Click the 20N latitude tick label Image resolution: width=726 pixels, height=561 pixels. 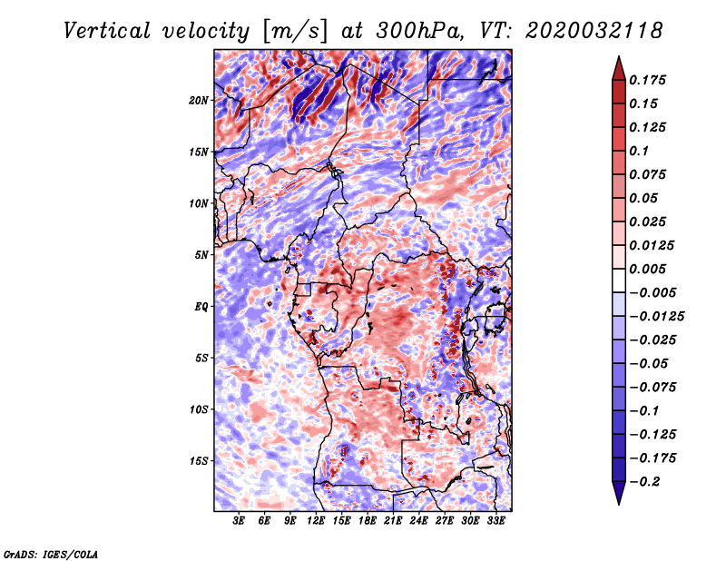[199, 100]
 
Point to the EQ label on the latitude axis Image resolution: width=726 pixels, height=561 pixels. [201, 307]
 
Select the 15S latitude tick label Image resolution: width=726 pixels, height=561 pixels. [199, 461]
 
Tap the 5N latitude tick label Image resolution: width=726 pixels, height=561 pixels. [201, 255]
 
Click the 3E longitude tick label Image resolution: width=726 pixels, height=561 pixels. [239, 521]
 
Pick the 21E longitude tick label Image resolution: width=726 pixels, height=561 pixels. [393, 521]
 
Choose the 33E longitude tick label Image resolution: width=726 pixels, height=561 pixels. [495, 521]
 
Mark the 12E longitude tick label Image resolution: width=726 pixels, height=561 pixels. [316, 521]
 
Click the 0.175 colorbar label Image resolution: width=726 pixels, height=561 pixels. [647, 80]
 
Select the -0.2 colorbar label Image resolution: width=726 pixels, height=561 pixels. [644, 482]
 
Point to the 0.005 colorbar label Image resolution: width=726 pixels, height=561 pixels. [647, 269]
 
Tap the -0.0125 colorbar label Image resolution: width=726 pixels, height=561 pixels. [656, 317]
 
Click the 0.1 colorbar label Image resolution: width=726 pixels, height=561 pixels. [639, 151]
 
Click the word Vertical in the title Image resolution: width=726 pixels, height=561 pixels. [107, 31]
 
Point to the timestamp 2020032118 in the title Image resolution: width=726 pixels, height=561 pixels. [594, 31]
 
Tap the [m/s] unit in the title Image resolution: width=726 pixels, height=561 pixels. [295, 32]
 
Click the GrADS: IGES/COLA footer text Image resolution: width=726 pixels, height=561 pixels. [51, 555]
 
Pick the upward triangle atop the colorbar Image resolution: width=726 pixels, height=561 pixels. [619, 68]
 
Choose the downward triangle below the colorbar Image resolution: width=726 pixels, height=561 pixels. [619, 493]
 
